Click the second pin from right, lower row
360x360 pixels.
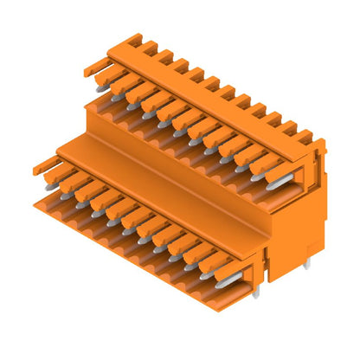tap(210, 272)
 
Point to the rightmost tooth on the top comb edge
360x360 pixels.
tap(305, 136)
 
